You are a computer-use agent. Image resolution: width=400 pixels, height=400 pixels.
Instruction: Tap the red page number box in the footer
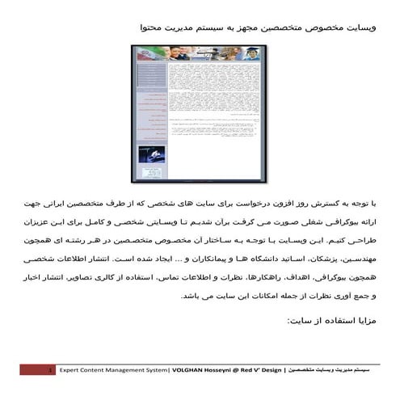click(x=38, y=368)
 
